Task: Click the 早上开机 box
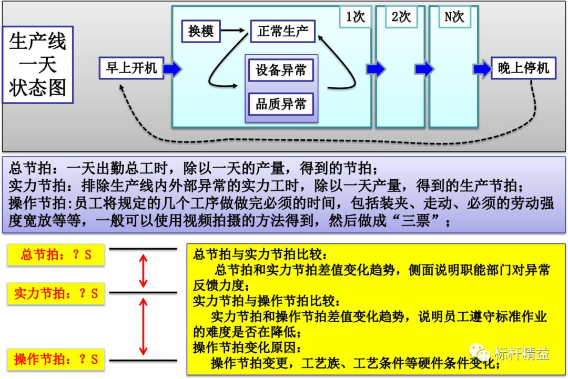pyautogui.click(x=131, y=68)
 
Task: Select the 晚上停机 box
pyautogui.click(x=523, y=68)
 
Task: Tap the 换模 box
pyautogui.click(x=201, y=32)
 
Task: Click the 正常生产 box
pyautogui.click(x=282, y=32)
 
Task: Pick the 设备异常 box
pyautogui.click(x=281, y=70)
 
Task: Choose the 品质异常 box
pyautogui.click(x=281, y=104)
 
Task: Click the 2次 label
pyautogui.click(x=401, y=17)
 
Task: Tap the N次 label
pyautogui.click(x=454, y=17)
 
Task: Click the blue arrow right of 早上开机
pyautogui.click(x=173, y=68)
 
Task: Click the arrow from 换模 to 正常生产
pyautogui.click(x=235, y=32)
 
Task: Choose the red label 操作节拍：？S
pyautogui.click(x=56, y=360)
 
